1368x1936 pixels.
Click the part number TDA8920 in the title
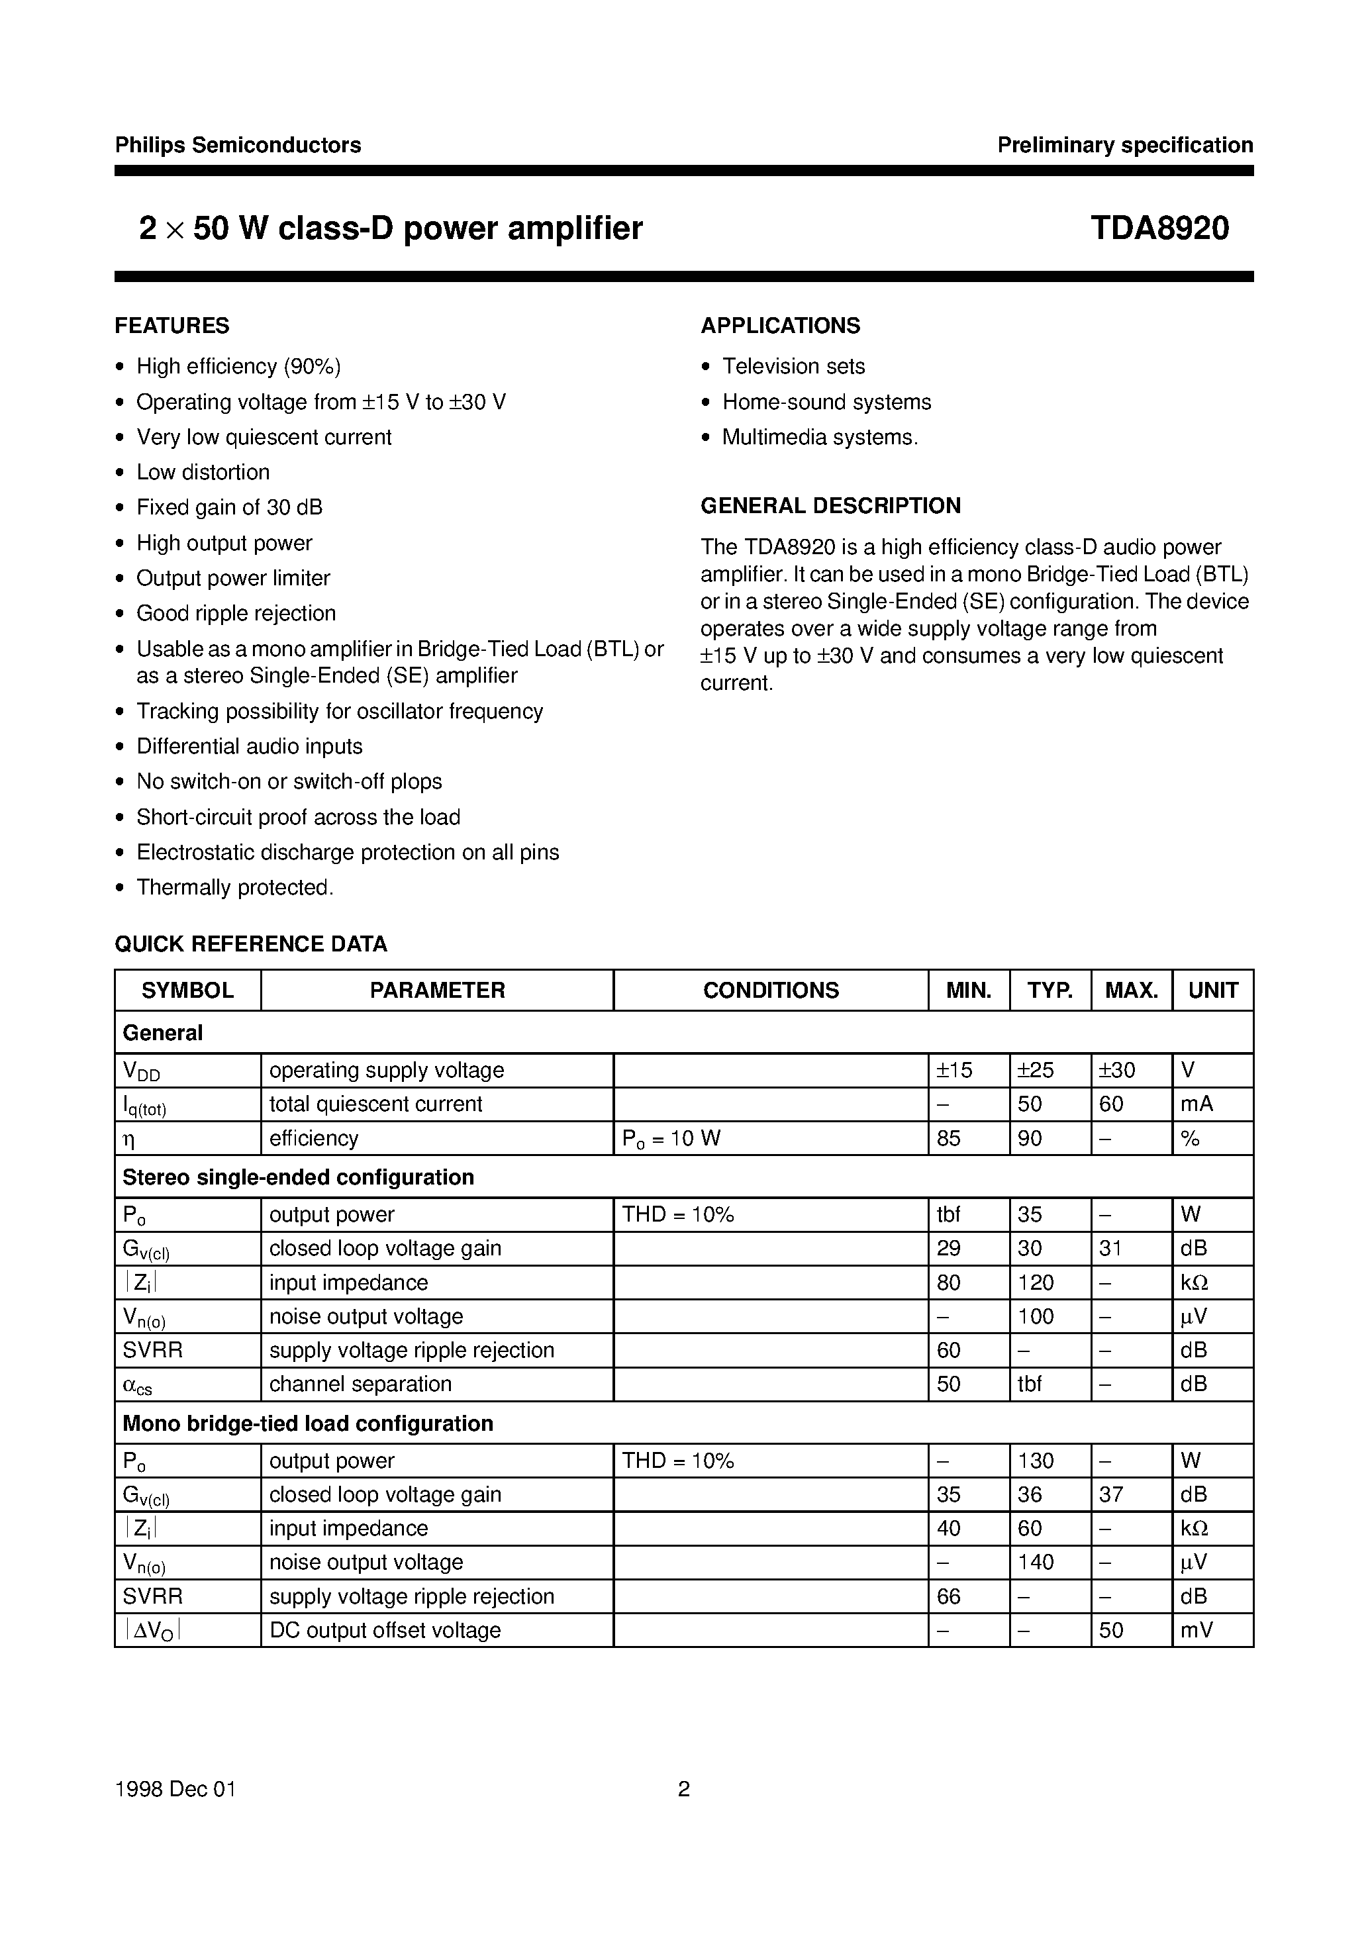click(x=1159, y=228)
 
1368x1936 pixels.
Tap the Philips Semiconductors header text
click(x=238, y=145)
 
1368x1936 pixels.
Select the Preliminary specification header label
click(x=1124, y=145)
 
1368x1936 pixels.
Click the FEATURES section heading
click(x=172, y=326)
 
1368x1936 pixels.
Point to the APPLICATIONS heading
click(x=780, y=326)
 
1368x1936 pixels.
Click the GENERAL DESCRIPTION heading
click(x=830, y=505)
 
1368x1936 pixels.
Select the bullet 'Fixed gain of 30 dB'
click(x=229, y=507)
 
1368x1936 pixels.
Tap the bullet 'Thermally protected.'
click(x=235, y=887)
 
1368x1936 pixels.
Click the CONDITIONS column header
click(x=770, y=990)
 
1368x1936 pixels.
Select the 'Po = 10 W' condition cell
click(x=671, y=1138)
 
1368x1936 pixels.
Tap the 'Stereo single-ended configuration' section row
click(x=298, y=1177)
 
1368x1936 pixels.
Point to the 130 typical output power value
click(x=1036, y=1461)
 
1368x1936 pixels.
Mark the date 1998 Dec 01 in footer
click(x=175, y=1788)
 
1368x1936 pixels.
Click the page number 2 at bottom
click(x=684, y=1788)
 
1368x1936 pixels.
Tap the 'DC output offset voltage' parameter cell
click(x=385, y=1630)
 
